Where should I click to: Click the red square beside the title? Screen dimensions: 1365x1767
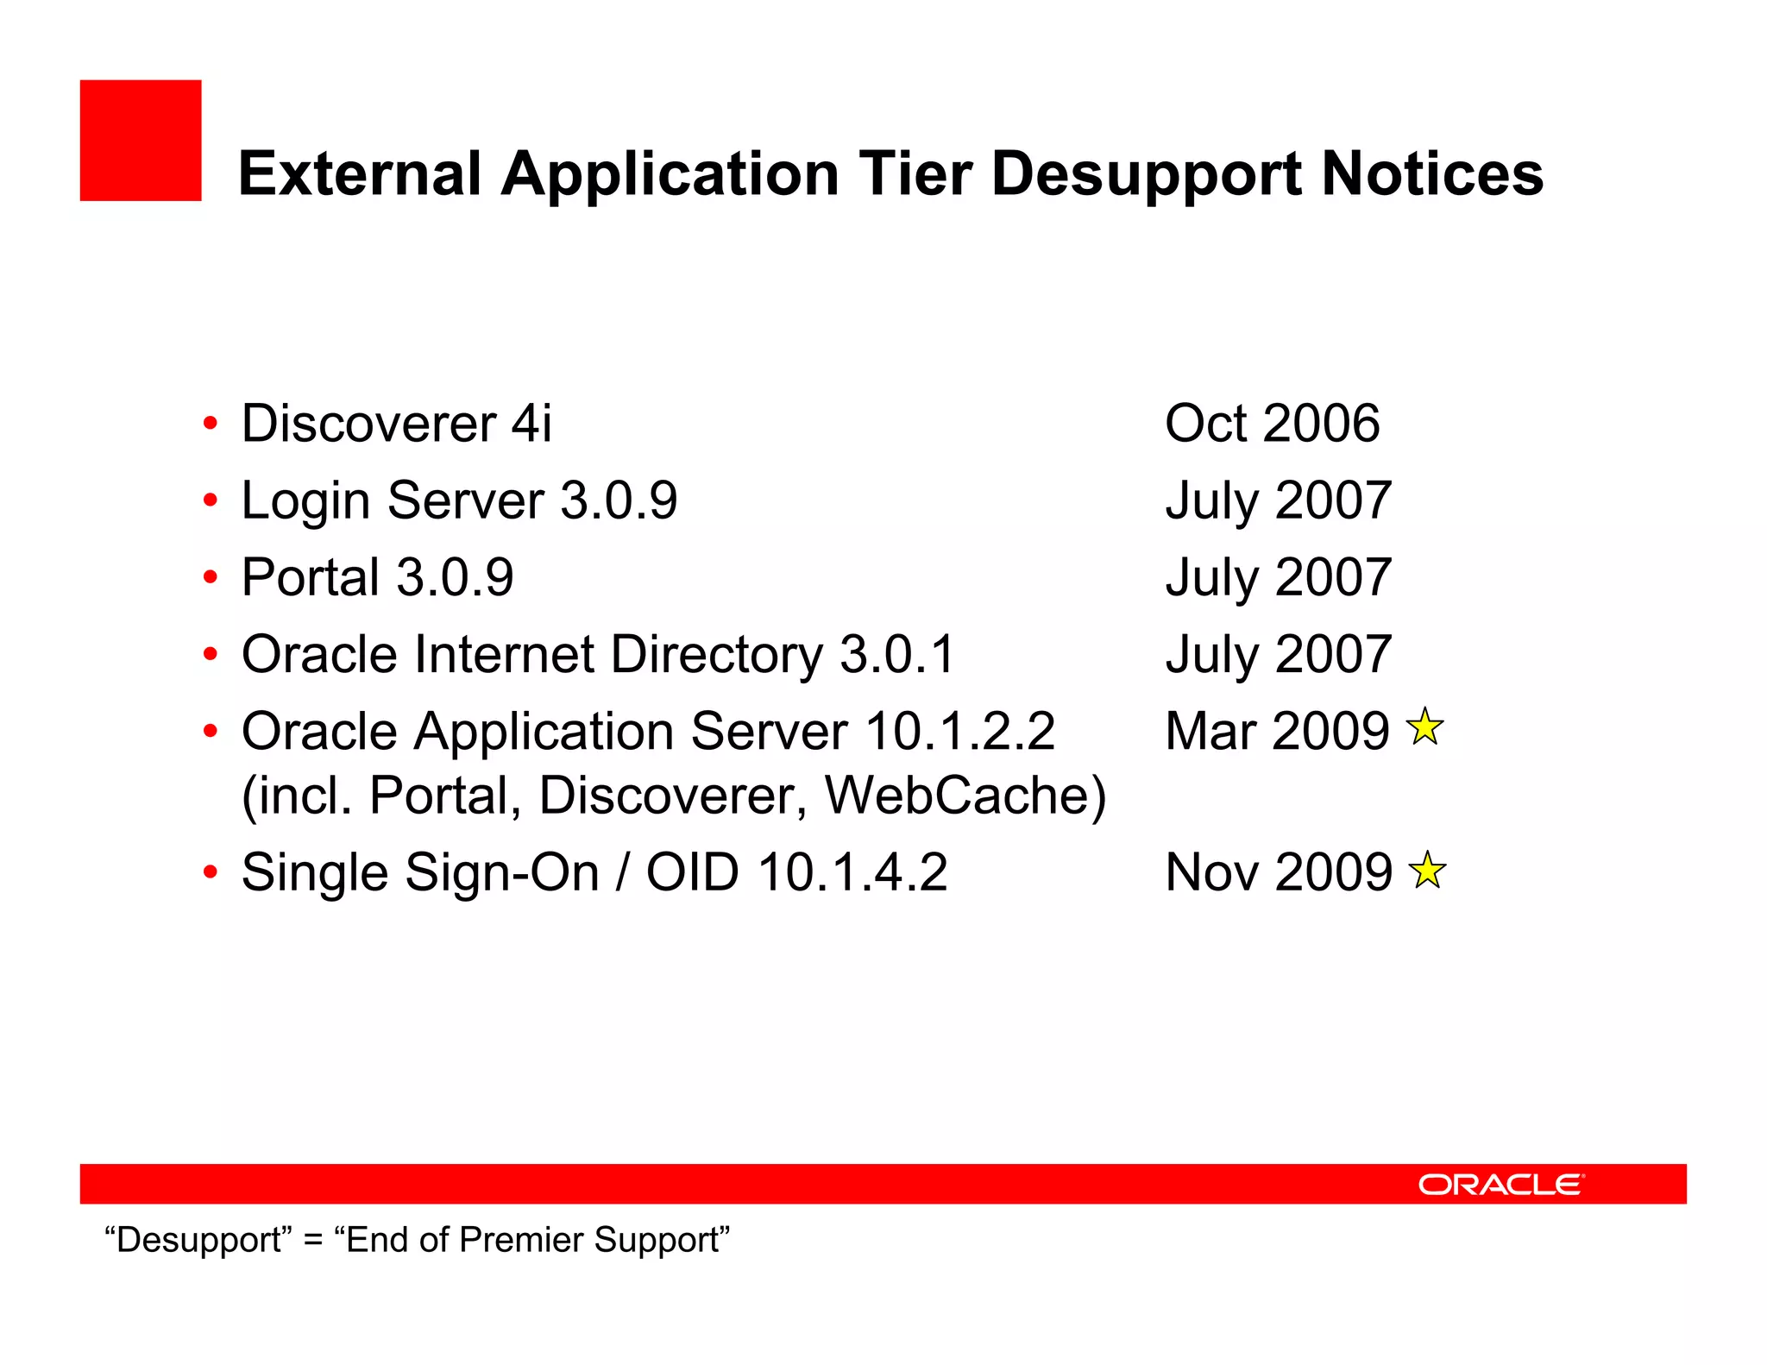pyautogui.click(x=141, y=141)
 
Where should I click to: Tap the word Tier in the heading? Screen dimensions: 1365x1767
pyautogui.click(x=915, y=173)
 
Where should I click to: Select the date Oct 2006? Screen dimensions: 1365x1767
pyautogui.click(x=1272, y=424)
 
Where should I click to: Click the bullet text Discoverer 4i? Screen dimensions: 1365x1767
pyautogui.click(x=396, y=424)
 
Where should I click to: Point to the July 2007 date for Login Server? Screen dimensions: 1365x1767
pyautogui.click(x=1278, y=500)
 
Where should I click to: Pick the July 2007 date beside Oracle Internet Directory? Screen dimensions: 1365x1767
pyautogui.click(x=1278, y=654)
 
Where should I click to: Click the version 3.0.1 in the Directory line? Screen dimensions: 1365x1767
pyautogui.click(x=897, y=654)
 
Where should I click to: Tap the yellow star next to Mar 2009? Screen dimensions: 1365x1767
pyautogui.click(x=1424, y=727)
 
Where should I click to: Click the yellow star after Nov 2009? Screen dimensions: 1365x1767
pyautogui.click(x=1427, y=870)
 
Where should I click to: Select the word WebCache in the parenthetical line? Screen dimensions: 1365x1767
pyautogui.click(x=965, y=796)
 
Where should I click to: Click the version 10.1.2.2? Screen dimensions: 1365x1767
pyautogui.click(x=959, y=732)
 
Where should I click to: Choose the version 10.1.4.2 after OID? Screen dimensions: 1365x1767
pyautogui.click(x=852, y=872)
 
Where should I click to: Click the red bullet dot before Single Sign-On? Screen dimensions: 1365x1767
pyautogui.click(x=211, y=872)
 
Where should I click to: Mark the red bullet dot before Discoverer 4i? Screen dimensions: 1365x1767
pyautogui.click(x=211, y=424)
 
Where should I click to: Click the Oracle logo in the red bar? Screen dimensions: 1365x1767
pyautogui.click(x=1500, y=1184)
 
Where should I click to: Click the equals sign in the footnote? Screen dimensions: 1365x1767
pyautogui.click(x=313, y=1241)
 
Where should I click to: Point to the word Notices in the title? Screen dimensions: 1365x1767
pyautogui.click(x=1432, y=173)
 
